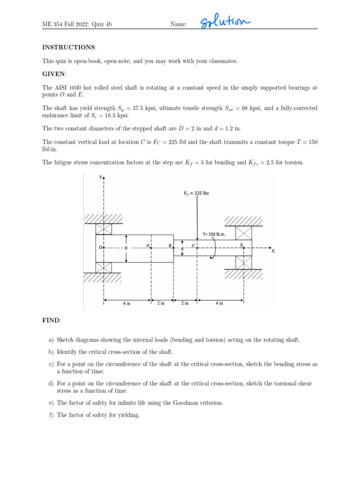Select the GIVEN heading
click(54, 74)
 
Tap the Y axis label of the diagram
click(100, 178)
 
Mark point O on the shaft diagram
click(100, 247)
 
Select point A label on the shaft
click(148, 245)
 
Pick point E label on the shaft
click(242, 245)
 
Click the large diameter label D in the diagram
click(126, 247)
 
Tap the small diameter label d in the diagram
click(182, 248)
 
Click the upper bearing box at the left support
click(104, 229)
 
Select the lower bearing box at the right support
click(244, 262)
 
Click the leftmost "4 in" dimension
click(127, 303)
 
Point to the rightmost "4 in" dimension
click(219, 303)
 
